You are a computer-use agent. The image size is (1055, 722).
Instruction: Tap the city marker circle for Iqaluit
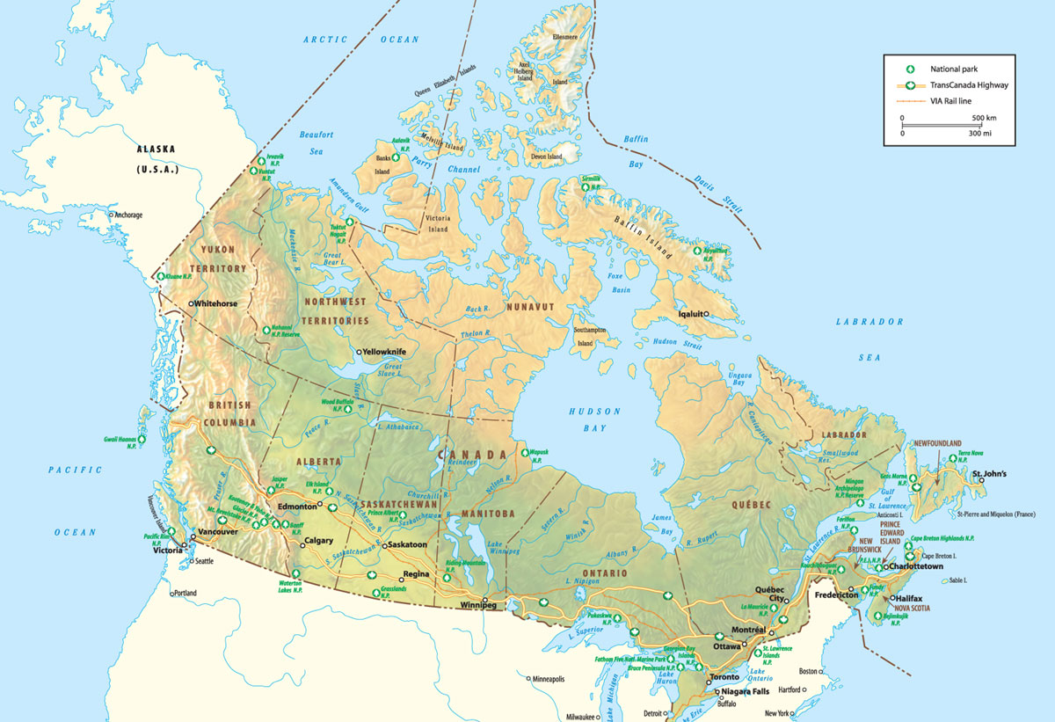coord(706,314)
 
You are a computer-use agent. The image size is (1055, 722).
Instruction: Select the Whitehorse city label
coord(215,303)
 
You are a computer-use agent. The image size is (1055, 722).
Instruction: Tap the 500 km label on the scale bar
coord(983,117)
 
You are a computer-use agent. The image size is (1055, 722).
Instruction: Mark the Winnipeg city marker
coord(484,598)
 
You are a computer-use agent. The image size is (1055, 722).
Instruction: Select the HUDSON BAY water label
coord(594,419)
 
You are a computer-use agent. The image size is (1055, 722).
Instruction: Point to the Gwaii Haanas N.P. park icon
coord(141,437)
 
